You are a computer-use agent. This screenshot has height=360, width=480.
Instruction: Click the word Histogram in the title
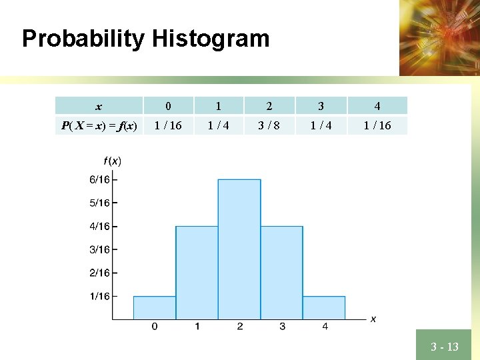[x=210, y=39]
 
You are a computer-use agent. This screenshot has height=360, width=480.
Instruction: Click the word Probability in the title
[x=83, y=39]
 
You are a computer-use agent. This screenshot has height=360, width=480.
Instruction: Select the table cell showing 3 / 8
[x=269, y=125]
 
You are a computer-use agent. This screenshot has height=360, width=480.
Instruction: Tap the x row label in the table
[x=99, y=106]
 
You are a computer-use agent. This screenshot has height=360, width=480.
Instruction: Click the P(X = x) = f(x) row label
[x=99, y=125]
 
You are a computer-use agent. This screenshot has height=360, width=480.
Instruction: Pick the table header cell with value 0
[x=168, y=106]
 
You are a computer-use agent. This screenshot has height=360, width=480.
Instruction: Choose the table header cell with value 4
[x=377, y=106]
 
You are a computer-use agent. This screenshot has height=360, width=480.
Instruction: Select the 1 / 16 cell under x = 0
[x=168, y=125]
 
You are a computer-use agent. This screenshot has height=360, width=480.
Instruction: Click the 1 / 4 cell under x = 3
[x=321, y=125]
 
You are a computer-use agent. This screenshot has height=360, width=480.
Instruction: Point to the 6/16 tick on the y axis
[x=100, y=179]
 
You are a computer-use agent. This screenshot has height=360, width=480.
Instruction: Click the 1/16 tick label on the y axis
[x=100, y=296]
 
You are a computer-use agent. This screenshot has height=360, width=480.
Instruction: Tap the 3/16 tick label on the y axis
[x=100, y=249]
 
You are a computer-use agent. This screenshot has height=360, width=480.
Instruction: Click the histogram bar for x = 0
[x=155, y=307]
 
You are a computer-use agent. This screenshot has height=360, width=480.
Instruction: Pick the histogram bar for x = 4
[x=324, y=307]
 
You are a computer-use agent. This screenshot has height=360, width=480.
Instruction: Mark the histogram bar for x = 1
[x=197, y=273]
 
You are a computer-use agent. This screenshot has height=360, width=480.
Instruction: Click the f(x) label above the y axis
[x=112, y=161]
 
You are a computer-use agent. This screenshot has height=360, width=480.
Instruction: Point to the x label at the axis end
[x=373, y=319]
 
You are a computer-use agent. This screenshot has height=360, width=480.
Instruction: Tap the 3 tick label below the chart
[x=282, y=327]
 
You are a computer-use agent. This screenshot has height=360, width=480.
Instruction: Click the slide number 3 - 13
[x=444, y=347]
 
